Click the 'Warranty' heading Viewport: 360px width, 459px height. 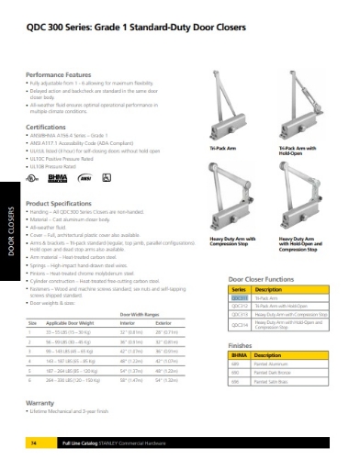click(x=42, y=403)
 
